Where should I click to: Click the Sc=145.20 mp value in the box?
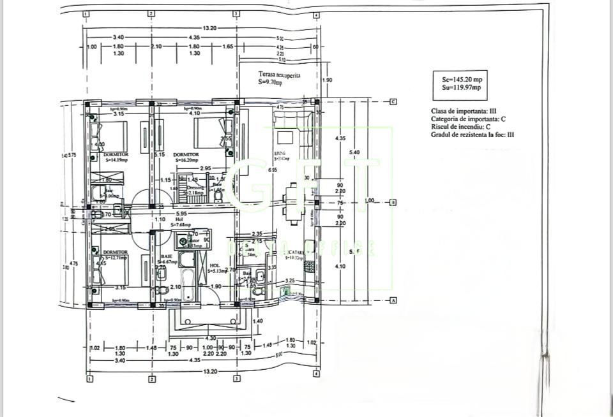pos(462,79)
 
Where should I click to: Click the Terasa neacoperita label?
pos(279,75)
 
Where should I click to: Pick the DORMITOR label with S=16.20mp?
pos(186,154)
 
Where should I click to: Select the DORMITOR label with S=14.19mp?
pos(116,154)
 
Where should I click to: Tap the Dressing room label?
pos(195,187)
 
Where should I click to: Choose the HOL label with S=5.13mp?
pos(215,265)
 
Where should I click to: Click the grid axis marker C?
pos(394,101)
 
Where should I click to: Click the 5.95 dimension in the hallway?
pos(181,214)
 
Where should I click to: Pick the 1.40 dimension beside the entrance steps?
pos(258,321)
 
